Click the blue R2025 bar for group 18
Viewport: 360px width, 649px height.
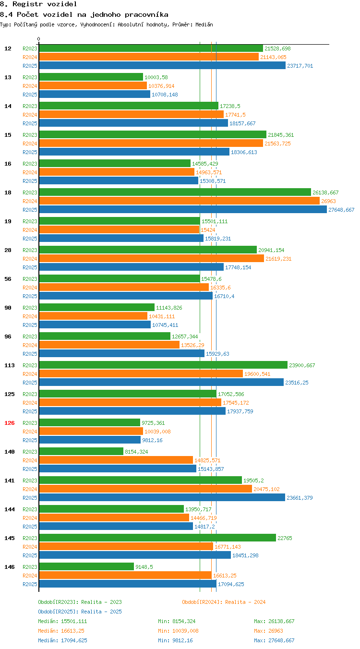(183, 209)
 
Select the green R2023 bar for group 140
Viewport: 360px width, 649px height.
(81, 451)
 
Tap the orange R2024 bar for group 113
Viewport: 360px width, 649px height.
(141, 374)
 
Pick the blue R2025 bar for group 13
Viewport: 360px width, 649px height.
(95, 95)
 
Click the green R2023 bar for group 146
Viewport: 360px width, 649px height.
(86, 567)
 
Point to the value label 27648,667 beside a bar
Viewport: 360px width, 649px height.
(341, 210)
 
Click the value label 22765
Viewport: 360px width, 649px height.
(285, 538)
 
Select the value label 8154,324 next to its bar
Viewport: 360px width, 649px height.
(136, 452)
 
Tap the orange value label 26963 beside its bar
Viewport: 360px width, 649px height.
(328, 201)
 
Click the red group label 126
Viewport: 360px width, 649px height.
(9, 423)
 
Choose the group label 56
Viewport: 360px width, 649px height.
(8, 279)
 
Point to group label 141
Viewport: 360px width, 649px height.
(9, 481)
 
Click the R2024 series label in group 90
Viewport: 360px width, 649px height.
(30, 316)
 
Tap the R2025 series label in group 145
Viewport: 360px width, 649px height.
(30, 555)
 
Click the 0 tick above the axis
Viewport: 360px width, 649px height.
(38, 39)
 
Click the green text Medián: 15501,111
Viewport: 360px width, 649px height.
(62, 621)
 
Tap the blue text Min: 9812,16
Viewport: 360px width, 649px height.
(175, 640)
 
